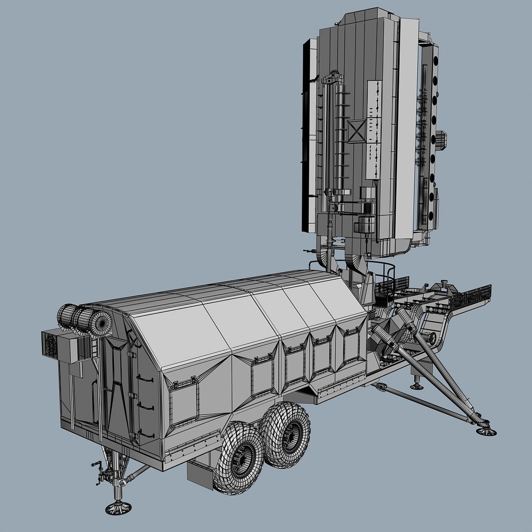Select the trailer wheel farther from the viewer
click(286, 434)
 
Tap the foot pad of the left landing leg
click(118, 507)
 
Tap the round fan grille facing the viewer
click(101, 323)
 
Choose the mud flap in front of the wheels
click(200, 475)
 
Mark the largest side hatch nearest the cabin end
click(183, 403)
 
